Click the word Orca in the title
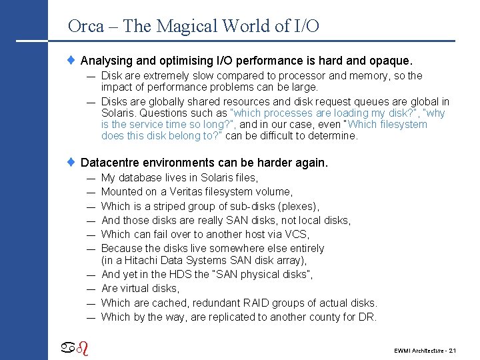(85, 27)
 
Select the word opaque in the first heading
(391, 61)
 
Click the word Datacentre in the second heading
(111, 163)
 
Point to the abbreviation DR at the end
(367, 317)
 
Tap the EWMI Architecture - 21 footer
(424, 350)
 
